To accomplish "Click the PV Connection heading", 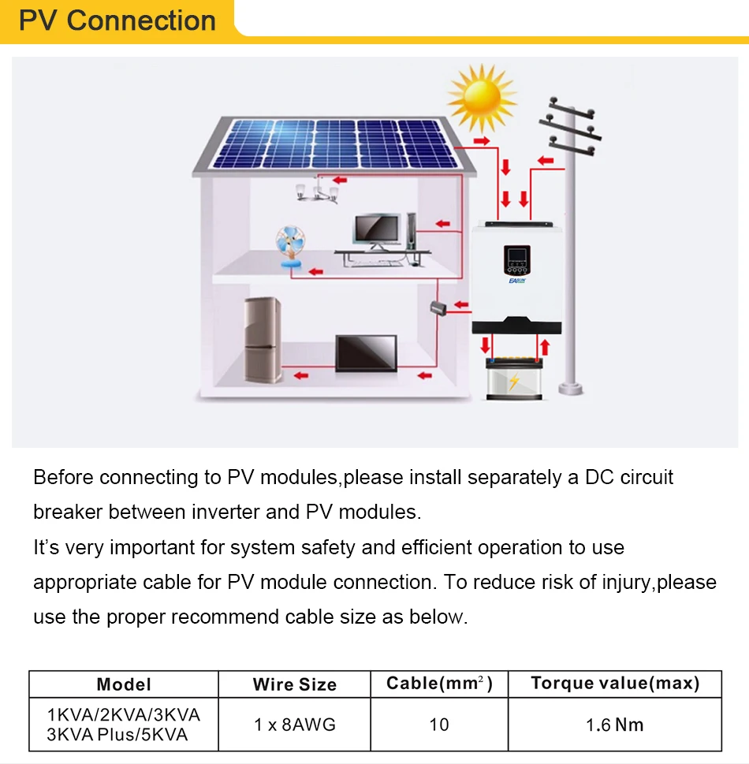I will [x=117, y=20].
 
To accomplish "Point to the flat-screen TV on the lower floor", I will [x=366, y=352].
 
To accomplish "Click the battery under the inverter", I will [x=514, y=379].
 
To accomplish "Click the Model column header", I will [x=124, y=684].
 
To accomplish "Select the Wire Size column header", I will [x=294, y=684].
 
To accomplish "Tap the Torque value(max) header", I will [x=615, y=683].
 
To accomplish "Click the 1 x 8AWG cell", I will [x=294, y=724].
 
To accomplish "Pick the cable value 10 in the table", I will [x=439, y=724].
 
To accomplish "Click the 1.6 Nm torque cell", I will [x=615, y=724].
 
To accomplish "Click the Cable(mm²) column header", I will [x=439, y=683].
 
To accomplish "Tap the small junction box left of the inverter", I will [x=438, y=308].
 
